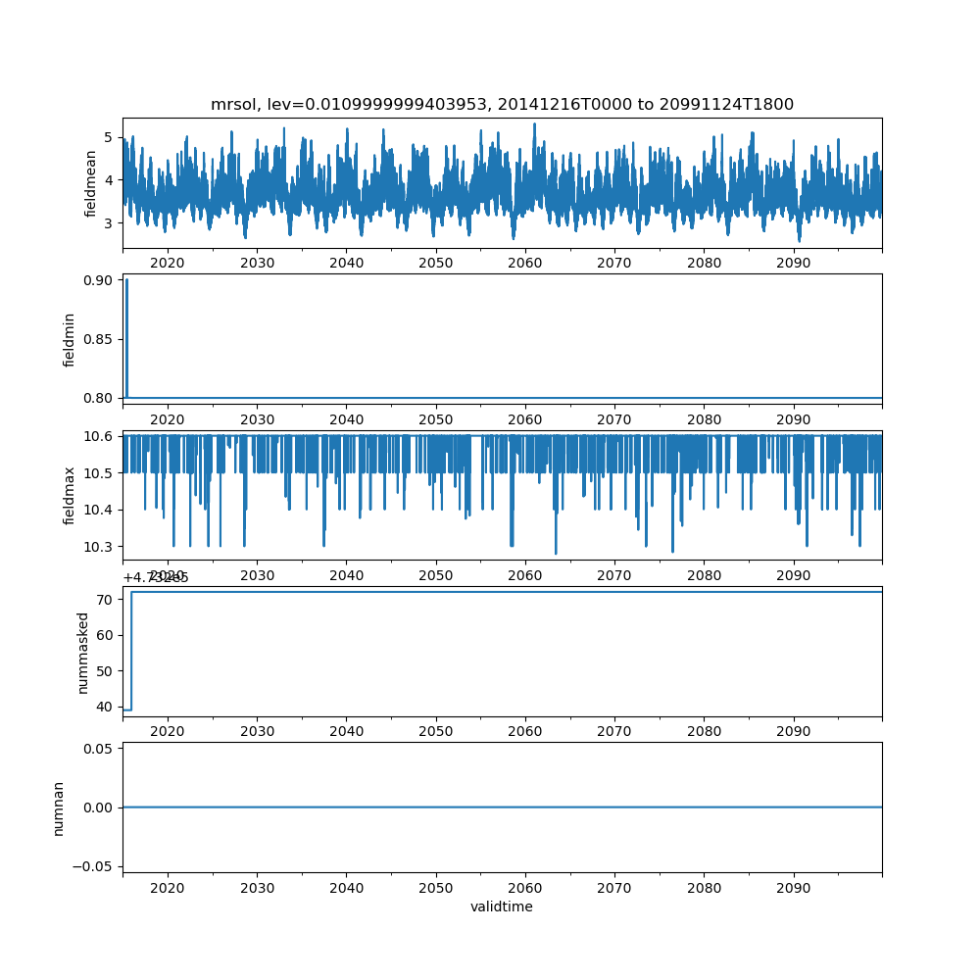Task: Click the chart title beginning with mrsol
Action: [x=502, y=104]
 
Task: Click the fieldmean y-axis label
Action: [x=91, y=183]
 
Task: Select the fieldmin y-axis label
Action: [x=70, y=339]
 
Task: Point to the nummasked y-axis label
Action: [x=83, y=653]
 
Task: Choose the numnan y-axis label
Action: [x=59, y=808]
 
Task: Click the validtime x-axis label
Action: [x=502, y=907]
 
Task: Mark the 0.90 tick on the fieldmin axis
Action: [x=99, y=280]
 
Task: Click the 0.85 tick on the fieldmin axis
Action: [x=99, y=339]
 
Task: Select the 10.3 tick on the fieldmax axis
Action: [x=99, y=547]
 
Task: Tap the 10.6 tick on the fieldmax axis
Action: [x=99, y=436]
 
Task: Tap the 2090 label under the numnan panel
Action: [x=793, y=887]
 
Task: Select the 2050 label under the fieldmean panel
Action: [x=435, y=264]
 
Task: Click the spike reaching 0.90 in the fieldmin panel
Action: [x=126, y=284]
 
